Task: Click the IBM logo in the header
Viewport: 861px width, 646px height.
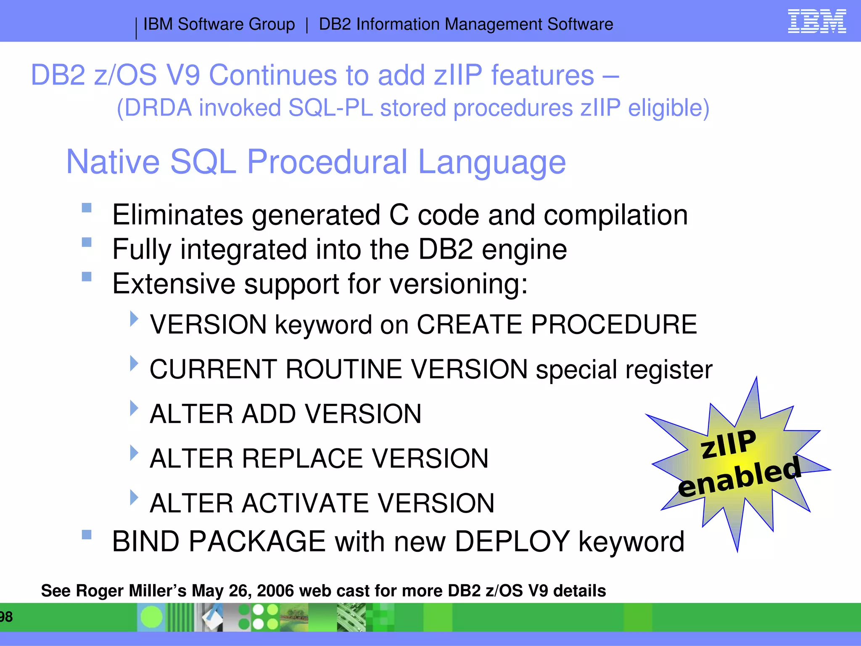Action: pyautogui.click(x=816, y=21)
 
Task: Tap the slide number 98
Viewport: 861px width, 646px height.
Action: pyautogui.click(x=6, y=617)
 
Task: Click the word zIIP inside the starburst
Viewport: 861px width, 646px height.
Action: pyautogui.click(x=728, y=444)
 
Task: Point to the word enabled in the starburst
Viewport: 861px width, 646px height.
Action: pyautogui.click(x=740, y=478)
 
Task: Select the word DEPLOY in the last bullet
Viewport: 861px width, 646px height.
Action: pyautogui.click(x=512, y=541)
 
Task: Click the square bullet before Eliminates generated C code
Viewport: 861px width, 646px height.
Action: pyautogui.click(x=87, y=208)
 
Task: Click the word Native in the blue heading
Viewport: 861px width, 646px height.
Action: pyautogui.click(x=113, y=162)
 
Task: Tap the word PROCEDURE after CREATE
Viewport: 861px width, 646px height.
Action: pyautogui.click(x=613, y=325)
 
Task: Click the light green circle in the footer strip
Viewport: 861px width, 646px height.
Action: pyautogui.click(x=151, y=617)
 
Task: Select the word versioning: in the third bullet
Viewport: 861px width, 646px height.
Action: pyautogui.click(x=459, y=284)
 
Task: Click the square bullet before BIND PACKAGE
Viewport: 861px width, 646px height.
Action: pyautogui.click(x=87, y=535)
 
